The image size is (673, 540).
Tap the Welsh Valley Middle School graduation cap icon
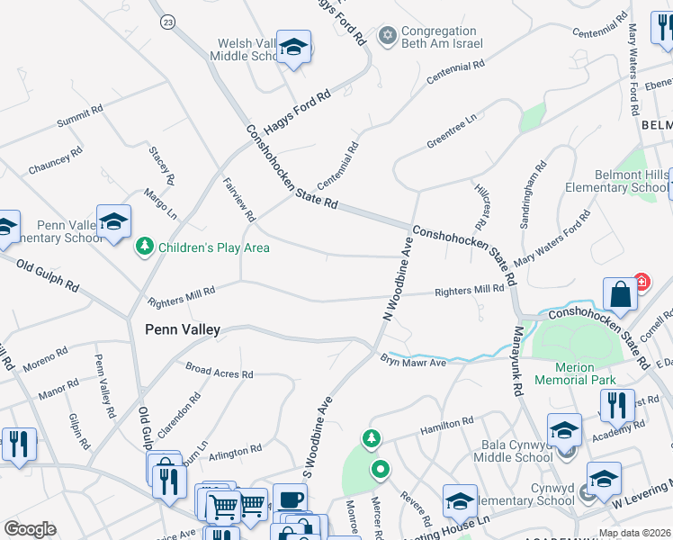[x=293, y=47]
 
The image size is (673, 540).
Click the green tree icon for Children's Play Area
[x=144, y=246]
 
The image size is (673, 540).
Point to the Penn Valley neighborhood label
[x=182, y=330]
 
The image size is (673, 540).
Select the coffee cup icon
[x=290, y=499]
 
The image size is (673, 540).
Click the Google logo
[x=30, y=528]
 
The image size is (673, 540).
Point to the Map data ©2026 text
[x=633, y=532]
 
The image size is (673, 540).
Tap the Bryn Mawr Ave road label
[x=413, y=362]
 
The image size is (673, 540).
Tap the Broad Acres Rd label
[x=220, y=370]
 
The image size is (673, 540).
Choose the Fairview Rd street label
[x=240, y=198]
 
